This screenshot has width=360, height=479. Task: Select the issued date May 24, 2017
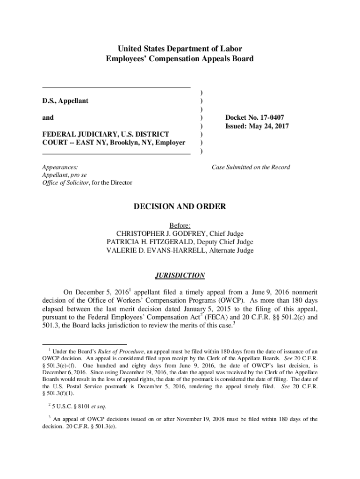[272, 126]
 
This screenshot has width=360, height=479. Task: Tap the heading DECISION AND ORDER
[180, 206]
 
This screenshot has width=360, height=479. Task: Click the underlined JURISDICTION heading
[180, 275]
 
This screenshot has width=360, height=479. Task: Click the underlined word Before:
[180, 225]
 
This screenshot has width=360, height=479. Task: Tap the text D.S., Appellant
[65, 101]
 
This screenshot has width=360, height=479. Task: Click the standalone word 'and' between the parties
[48, 117]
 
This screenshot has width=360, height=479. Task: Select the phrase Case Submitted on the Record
[251, 167]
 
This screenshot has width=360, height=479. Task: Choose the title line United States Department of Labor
[180, 49]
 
